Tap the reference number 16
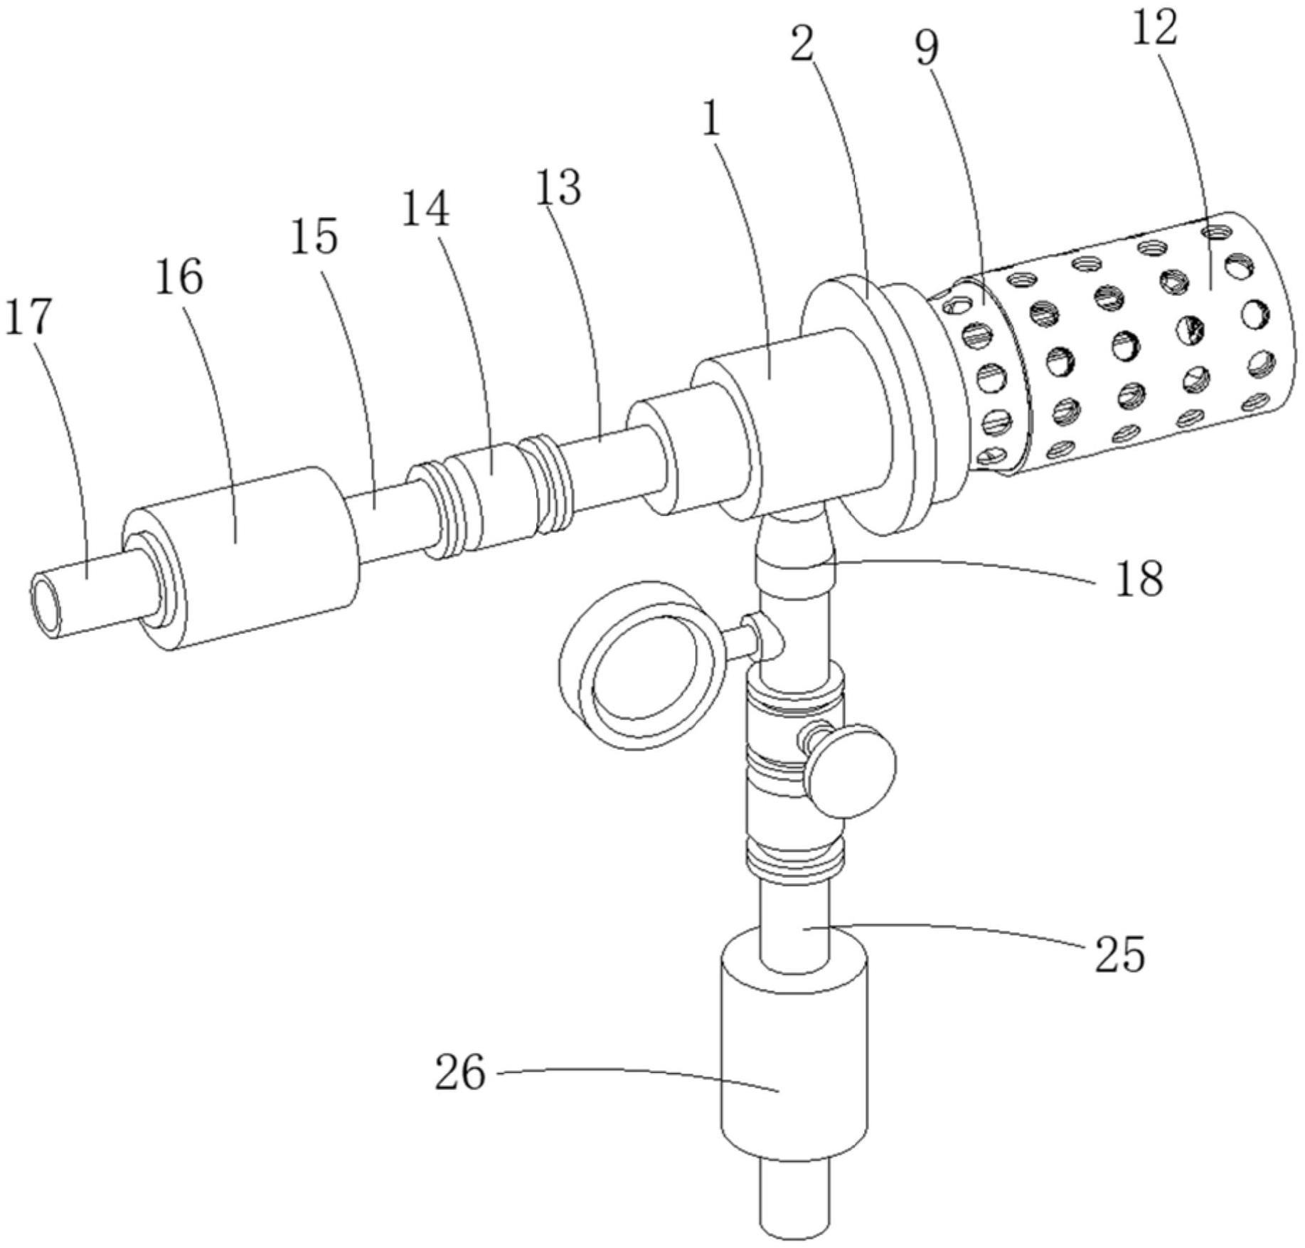[x=179, y=277]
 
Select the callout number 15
[x=314, y=236]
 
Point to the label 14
[x=425, y=209]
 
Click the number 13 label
[x=558, y=188]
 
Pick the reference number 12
[x=1154, y=28]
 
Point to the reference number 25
[x=1119, y=953]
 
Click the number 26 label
[x=460, y=1072]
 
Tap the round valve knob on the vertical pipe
[x=851, y=770]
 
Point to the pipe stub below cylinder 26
[x=794, y=1202]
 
